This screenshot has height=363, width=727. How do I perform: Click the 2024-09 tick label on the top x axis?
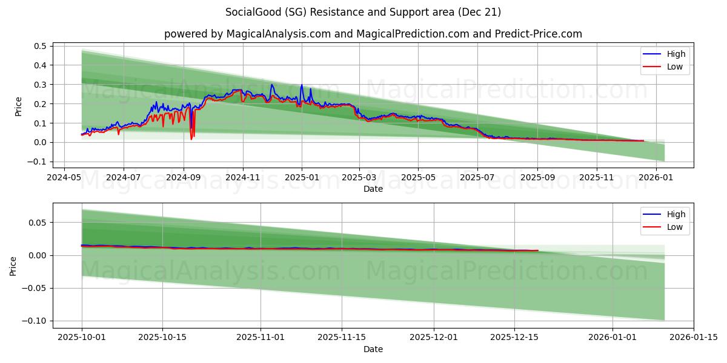(183, 178)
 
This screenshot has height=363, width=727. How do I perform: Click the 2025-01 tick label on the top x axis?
(301, 178)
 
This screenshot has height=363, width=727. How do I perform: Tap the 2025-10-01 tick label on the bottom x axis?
(82, 338)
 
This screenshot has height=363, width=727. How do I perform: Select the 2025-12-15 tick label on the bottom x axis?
(514, 338)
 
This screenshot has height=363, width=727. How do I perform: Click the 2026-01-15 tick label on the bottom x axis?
(693, 338)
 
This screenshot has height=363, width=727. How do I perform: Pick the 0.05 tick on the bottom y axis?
(38, 223)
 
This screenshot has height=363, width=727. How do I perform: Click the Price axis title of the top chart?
(18, 106)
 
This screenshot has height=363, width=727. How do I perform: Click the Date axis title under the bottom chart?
(373, 349)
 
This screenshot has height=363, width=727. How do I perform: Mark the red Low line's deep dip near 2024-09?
(191, 139)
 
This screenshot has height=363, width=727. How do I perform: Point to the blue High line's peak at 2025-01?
(302, 85)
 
